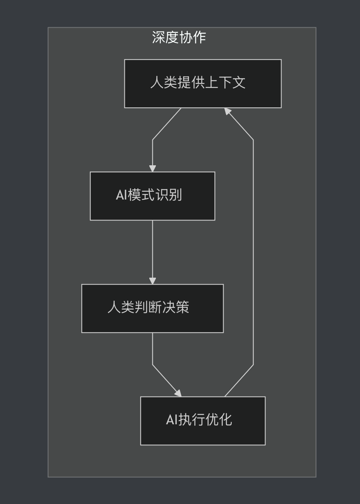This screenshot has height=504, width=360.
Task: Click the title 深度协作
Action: (x=179, y=37)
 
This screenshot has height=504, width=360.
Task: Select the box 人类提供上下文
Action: (x=203, y=84)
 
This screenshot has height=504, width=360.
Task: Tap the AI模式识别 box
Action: (x=152, y=196)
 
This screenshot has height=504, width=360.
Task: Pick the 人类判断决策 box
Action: (x=152, y=308)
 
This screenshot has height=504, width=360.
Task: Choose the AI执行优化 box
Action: (x=203, y=421)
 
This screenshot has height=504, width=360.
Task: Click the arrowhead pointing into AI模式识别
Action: (x=152, y=168)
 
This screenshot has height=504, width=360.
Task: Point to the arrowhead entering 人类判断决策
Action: (x=152, y=280)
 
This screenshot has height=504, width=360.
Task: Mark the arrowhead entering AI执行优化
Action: (x=178, y=393)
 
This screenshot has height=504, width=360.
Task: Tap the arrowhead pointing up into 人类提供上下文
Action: (x=228, y=112)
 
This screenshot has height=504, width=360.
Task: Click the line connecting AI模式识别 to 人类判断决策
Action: (x=152, y=249)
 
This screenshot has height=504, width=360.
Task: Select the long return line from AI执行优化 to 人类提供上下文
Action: (x=253, y=253)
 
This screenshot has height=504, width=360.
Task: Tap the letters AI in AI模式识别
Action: (x=121, y=195)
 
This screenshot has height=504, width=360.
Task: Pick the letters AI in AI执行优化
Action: (x=171, y=420)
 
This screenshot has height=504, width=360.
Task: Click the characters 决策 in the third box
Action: (x=176, y=307)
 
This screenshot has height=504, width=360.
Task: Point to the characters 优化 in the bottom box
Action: (x=219, y=420)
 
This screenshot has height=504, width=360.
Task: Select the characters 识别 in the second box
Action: (x=168, y=195)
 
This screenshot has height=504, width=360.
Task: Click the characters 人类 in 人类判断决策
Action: (x=121, y=307)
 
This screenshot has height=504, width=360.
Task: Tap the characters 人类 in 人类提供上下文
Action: (x=164, y=82)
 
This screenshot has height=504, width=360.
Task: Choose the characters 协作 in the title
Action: (x=193, y=37)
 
